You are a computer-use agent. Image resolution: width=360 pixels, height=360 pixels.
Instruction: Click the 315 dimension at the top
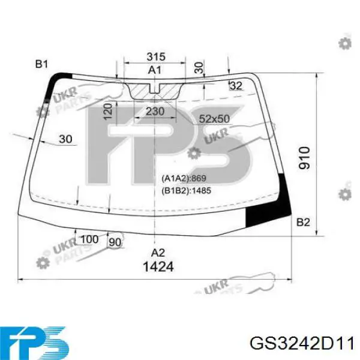click(156, 56)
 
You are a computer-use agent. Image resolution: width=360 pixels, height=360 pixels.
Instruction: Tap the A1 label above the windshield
click(155, 70)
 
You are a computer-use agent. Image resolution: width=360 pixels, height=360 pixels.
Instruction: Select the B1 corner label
click(41, 64)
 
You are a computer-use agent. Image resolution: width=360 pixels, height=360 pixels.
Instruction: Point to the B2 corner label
click(303, 222)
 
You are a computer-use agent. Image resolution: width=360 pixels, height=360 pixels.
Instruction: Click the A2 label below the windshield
click(158, 253)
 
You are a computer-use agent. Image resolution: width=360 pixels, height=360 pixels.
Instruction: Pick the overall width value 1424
click(158, 266)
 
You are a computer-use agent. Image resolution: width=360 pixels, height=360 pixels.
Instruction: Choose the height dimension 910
click(304, 158)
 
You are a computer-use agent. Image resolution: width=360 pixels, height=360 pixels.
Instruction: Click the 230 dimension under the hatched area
click(155, 112)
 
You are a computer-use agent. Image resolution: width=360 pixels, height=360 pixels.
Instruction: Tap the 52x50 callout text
click(214, 119)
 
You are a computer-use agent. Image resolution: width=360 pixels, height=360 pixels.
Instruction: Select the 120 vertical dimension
click(108, 112)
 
